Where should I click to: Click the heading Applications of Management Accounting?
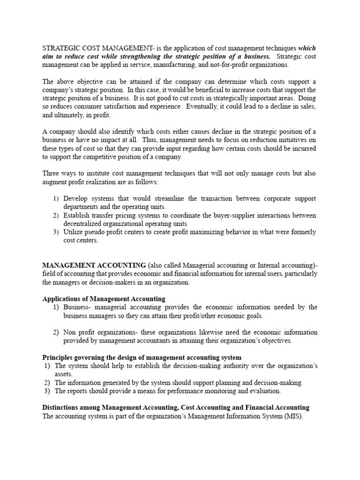(104, 299)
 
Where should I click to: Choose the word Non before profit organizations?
(71, 333)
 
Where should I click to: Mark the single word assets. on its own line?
(64, 375)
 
